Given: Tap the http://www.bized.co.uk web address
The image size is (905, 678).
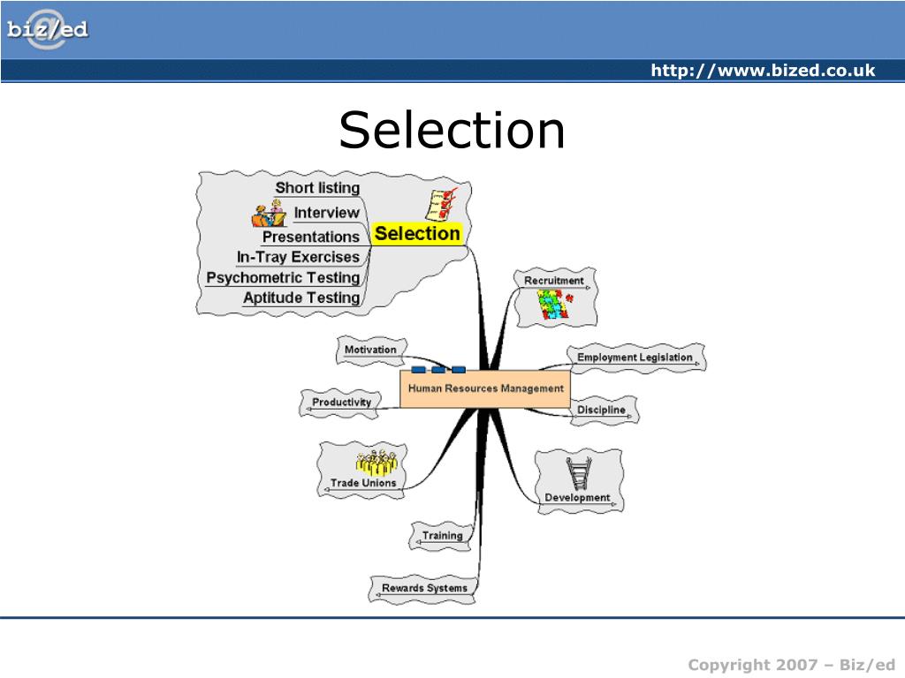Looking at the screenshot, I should tap(763, 71).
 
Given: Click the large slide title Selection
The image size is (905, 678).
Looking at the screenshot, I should tap(452, 130).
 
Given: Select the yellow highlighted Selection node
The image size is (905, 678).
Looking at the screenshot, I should tap(417, 234).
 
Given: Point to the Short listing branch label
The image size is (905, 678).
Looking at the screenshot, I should tap(317, 187).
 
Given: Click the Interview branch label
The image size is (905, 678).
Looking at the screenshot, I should tap(326, 212).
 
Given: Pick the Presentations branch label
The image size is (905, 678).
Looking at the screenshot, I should tap(310, 237).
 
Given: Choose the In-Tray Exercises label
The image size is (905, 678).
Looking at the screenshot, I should tap(298, 257).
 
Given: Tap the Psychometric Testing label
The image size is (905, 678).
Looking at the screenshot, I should tap(283, 277).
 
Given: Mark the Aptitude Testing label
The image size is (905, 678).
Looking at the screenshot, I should tap(301, 298).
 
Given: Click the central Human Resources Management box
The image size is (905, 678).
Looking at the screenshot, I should tap(485, 388).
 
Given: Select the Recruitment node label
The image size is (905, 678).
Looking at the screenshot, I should tap(554, 281).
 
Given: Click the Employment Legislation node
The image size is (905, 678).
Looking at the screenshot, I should tap(635, 358).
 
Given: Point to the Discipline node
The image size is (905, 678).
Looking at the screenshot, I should tap(601, 410).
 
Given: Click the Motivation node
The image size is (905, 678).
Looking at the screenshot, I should tap(370, 350).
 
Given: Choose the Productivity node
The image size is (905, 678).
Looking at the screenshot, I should tap(341, 403).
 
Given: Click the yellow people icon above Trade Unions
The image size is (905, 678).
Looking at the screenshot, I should tap(376, 463).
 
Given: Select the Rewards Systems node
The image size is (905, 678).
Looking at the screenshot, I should tap(424, 588).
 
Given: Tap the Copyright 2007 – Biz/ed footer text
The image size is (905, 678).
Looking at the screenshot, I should tap(792, 664).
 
